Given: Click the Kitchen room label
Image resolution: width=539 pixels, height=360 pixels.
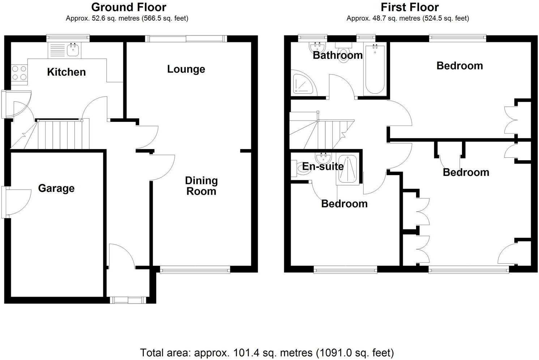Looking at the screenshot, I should (67, 72).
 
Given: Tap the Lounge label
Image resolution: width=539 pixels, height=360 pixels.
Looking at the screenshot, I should (186, 69).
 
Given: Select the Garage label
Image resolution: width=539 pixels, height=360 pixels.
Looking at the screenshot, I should (56, 188).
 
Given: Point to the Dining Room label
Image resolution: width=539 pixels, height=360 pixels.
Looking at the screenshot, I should (201, 186).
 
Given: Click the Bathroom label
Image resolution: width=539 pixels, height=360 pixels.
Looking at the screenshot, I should (337, 55).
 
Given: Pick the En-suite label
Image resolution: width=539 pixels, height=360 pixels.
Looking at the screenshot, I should (323, 166).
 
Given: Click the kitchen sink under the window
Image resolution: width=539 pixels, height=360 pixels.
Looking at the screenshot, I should (73, 50).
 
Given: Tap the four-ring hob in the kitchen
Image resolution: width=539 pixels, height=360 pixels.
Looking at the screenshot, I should (19, 73).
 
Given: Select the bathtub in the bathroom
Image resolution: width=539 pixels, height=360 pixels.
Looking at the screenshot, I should (375, 69).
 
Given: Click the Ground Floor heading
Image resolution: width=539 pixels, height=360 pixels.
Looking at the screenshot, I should (129, 7).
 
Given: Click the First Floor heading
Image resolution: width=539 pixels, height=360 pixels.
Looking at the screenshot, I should (410, 7).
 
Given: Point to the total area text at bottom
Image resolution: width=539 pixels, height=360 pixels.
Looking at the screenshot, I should (267, 352).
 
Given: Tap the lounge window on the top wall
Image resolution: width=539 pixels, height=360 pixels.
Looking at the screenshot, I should (186, 39).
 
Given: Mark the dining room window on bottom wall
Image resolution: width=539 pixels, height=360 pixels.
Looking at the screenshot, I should (195, 269).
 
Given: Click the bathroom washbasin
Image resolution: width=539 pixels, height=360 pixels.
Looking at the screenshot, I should (318, 47).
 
